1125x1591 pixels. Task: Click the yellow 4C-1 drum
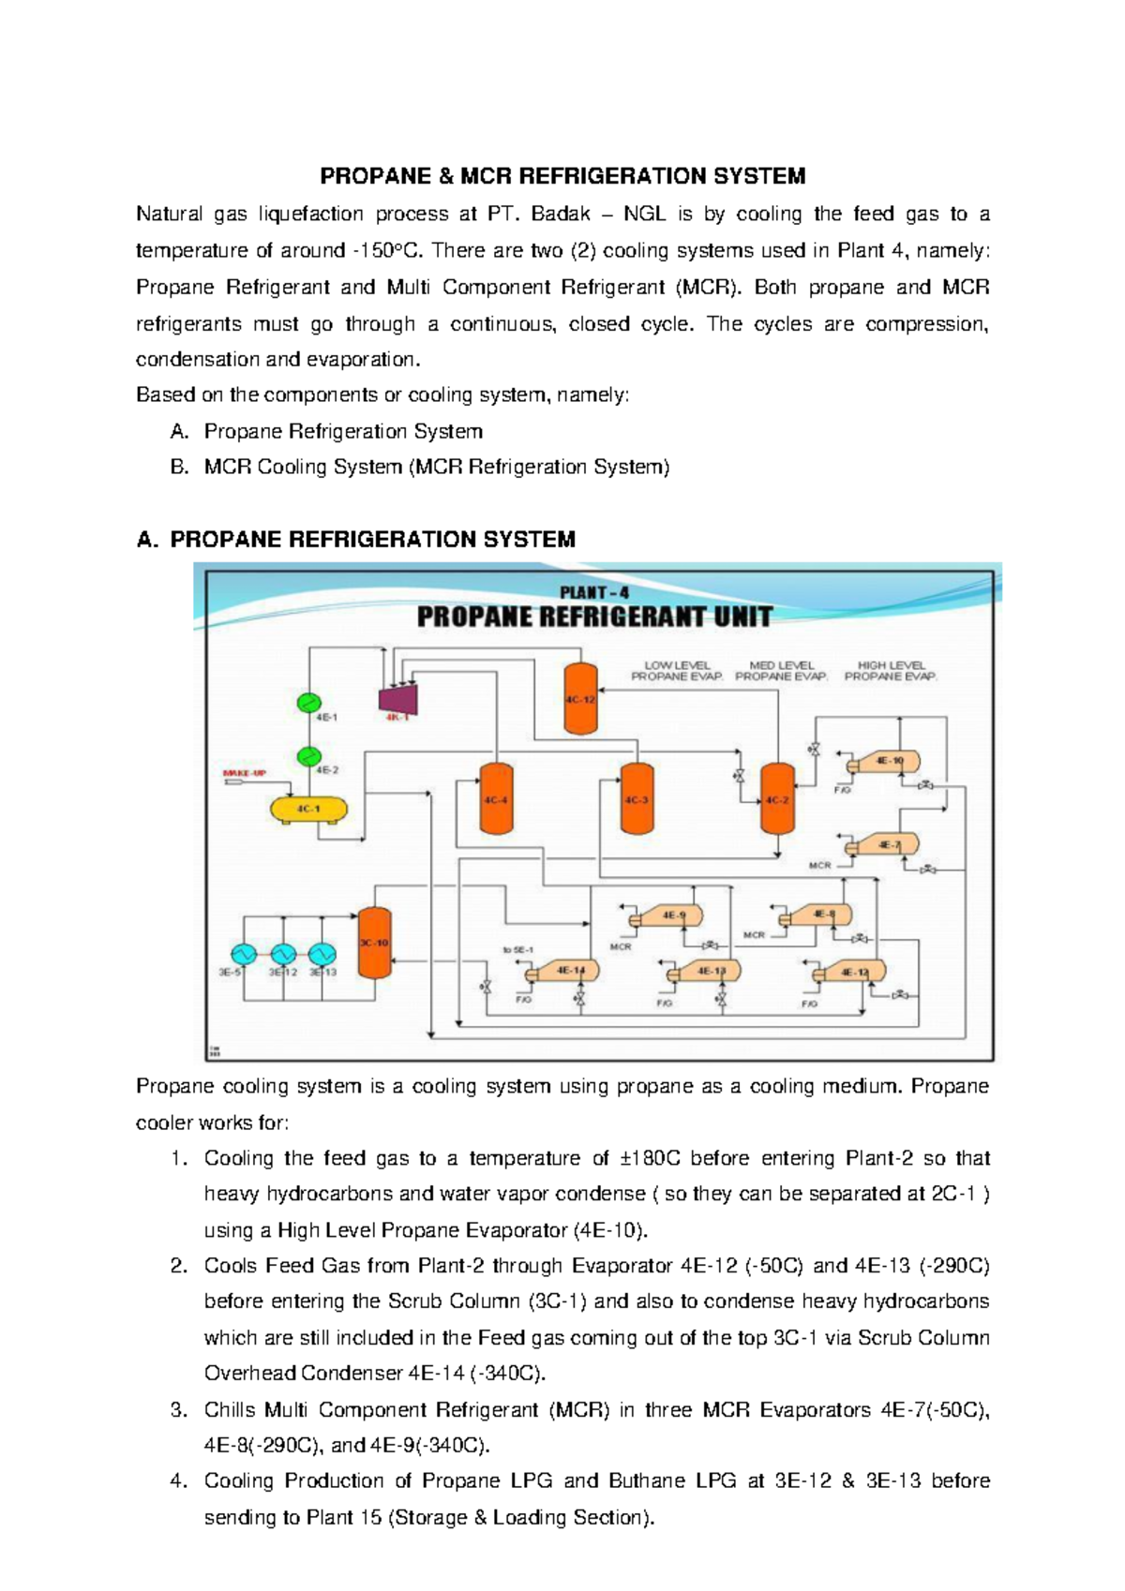[308, 809]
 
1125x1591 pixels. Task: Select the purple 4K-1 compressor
[397, 697]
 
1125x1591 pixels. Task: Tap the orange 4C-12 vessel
[580, 699]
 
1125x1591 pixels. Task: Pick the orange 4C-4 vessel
[496, 799]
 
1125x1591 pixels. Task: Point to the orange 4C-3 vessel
[637, 799]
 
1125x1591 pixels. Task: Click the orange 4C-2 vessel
[777, 799]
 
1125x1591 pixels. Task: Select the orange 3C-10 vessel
[374, 943]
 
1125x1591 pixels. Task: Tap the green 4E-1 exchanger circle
[308, 703]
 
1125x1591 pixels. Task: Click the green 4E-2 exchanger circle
[308, 755]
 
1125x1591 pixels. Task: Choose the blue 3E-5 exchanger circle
[245, 954]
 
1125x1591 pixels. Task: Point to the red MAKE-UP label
[244, 773]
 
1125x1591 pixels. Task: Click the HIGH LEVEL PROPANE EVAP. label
[890, 671]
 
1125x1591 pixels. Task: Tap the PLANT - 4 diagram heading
[594, 593]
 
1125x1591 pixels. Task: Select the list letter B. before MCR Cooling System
[179, 467]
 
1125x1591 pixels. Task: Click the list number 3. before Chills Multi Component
[179, 1409]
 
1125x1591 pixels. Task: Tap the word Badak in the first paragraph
[561, 214]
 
